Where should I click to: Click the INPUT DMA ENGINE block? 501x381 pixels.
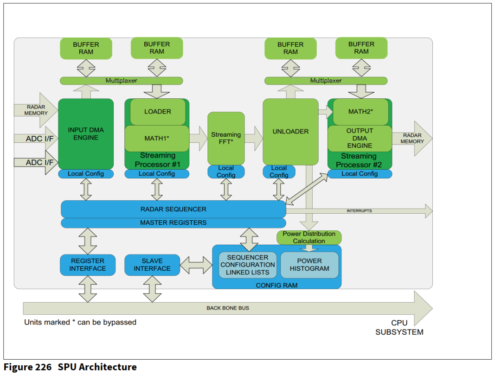[x=86, y=134]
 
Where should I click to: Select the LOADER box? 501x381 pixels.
[x=157, y=112]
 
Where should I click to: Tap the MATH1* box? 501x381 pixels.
[x=157, y=138]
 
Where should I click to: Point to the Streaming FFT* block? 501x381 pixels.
[x=226, y=138]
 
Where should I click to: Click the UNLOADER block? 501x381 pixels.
[x=290, y=132]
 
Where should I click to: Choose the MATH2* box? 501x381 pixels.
[x=360, y=112]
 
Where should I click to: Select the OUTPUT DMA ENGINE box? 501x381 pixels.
[x=360, y=138]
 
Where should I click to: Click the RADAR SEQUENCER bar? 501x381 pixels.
[x=173, y=209]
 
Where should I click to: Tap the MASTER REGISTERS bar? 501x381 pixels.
[x=173, y=223]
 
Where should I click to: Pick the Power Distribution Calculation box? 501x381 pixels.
[x=309, y=238]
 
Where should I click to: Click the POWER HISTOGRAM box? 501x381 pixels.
[x=309, y=265]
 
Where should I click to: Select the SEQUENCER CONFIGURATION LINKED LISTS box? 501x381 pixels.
[x=248, y=265]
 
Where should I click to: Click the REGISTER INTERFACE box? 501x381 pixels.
[x=88, y=265]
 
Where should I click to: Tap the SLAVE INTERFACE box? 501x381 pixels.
[x=152, y=265]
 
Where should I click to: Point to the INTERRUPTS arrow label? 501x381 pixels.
[x=359, y=211]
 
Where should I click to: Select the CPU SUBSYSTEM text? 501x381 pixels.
[x=399, y=327]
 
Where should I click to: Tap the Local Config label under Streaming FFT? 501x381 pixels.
[x=226, y=171]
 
